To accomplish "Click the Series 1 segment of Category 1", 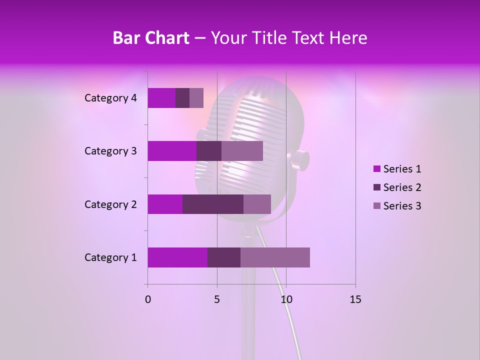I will (177, 257).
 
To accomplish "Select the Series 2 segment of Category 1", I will (224, 257).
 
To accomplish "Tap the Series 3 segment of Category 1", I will (275, 257).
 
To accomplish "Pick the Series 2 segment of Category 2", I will (213, 204).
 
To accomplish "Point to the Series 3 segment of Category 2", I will (257, 204).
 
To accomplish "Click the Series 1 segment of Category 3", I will (172, 151).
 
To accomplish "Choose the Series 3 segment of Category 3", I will (242, 151).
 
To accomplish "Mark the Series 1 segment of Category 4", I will (161, 98).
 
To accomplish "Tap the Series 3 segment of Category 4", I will (196, 98).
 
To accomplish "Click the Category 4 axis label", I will (110, 98).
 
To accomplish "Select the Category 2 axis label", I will (110, 204).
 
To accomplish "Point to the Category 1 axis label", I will (110, 257).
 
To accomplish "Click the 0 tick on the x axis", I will (148, 299).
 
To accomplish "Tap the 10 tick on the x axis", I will (286, 299).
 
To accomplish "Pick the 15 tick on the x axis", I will (355, 299).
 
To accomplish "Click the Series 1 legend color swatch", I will (376, 169).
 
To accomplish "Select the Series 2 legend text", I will (402, 187).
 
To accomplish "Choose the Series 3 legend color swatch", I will (376, 206).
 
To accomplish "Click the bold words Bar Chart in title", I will (150, 37).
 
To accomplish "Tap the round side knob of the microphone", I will (298, 160).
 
